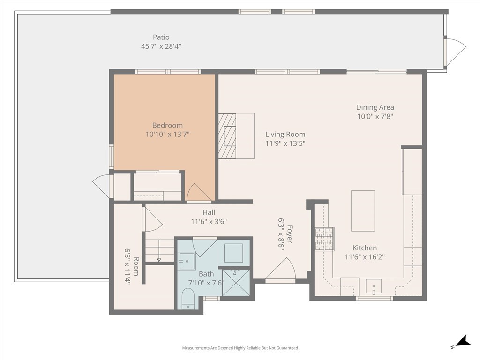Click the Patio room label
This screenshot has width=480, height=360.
click(161, 37)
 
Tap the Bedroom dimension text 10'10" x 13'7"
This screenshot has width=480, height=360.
click(167, 134)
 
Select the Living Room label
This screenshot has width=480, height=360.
click(285, 135)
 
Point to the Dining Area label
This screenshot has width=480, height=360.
click(375, 107)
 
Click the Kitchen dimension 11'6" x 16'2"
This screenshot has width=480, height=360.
click(365, 257)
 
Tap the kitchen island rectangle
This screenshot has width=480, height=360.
click(363, 211)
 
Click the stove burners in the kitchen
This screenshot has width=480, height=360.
click(324, 239)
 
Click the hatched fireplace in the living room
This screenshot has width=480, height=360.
click(227, 136)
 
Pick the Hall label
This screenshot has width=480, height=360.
click(209, 212)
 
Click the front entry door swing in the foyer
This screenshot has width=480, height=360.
click(280, 269)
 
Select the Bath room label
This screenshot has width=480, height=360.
click(206, 274)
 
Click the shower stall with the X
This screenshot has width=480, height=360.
click(236, 283)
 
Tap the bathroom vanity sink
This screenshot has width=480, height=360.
click(187, 261)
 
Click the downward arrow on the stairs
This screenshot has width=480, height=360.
click(159, 251)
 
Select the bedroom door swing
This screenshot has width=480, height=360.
click(199, 193)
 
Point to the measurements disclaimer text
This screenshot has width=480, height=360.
click(240, 348)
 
